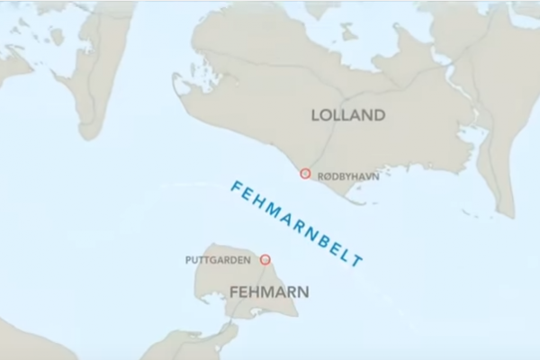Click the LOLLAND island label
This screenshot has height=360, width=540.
coord(347,115)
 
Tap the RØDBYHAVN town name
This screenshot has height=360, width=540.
coord(348,176)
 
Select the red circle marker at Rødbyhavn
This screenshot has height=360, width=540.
coord(305,174)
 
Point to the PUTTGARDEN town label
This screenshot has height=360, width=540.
coord(217,261)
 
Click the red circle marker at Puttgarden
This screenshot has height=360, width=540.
coord(265,259)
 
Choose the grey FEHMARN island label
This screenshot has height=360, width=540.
coord(270,292)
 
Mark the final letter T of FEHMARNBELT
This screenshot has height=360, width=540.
coord(358,262)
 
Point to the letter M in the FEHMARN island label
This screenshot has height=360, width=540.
coord(269,292)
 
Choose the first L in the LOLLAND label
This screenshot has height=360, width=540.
coord(316,115)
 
